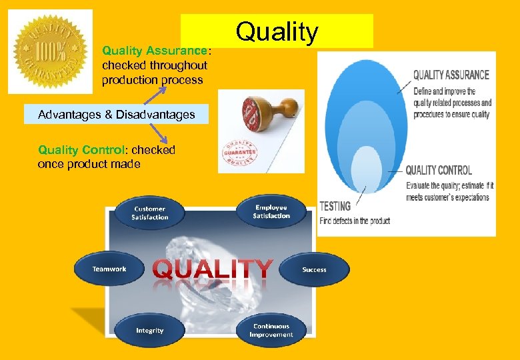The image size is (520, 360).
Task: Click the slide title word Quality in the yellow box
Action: coord(277,31)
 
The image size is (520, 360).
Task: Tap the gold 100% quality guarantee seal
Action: coord(50,51)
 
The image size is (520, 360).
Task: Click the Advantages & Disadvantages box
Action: coord(117,115)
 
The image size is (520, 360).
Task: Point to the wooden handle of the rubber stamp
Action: coord(281,107)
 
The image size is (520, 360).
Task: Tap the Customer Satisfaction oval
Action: coord(150,213)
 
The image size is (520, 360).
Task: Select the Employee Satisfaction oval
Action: coord(271,211)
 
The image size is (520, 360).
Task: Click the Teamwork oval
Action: coord(109,269)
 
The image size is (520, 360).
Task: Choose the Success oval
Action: coord(314,269)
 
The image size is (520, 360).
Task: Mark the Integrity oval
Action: coord(149,330)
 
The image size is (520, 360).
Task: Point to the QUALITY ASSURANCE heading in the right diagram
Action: coord(451,75)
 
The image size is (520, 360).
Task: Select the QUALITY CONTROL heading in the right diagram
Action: coord(438,170)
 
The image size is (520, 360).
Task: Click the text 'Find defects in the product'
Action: coord(355,221)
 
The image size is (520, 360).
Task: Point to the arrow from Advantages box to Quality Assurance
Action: coord(159,95)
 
